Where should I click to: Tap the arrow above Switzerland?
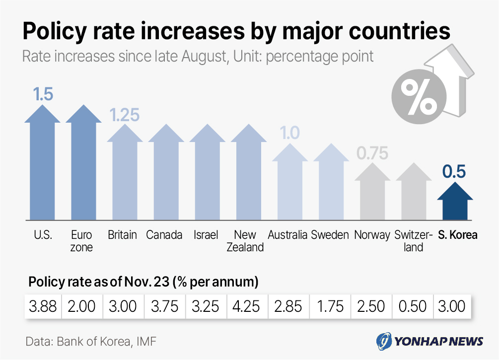pyautogui.click(x=414, y=191)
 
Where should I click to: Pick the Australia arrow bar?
pyautogui.click(x=289, y=184)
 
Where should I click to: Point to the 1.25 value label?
pyautogui.click(x=124, y=115)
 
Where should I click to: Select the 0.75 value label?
pyautogui.click(x=372, y=153)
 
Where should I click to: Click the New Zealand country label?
pyautogui.click(x=245, y=241)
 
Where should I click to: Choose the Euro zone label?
pyautogui.click(x=82, y=241)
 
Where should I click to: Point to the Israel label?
pyautogui.click(x=206, y=235)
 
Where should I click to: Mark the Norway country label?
pyautogui.click(x=372, y=235)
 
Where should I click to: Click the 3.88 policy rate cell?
pyautogui.click(x=43, y=306)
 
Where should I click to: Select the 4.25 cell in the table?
pyautogui.click(x=246, y=306)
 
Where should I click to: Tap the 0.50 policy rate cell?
pyautogui.click(x=412, y=306)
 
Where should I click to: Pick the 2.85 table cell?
pyautogui.click(x=287, y=306)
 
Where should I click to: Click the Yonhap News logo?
pyautogui.click(x=429, y=341)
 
